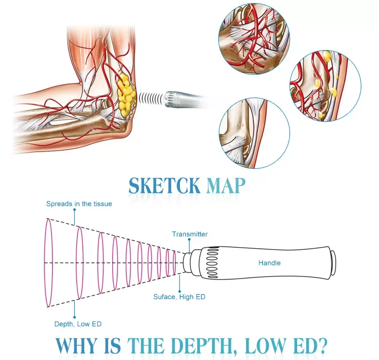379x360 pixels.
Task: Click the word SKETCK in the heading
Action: tap(164, 185)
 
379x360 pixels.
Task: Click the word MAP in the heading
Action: tap(226, 185)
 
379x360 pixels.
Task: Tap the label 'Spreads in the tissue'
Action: tap(79, 204)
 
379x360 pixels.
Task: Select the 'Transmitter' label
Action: tap(189, 234)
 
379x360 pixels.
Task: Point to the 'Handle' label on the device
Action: tap(269, 263)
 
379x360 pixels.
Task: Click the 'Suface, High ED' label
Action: tap(179, 297)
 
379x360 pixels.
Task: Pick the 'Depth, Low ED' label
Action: tap(78, 324)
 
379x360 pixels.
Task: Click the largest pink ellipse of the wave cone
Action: tap(49, 263)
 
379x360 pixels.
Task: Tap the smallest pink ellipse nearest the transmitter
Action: tap(174, 263)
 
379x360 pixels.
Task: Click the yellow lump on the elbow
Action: tap(126, 95)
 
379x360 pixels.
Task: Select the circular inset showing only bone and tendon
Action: tap(255, 133)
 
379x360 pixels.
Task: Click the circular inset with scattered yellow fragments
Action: tap(325, 86)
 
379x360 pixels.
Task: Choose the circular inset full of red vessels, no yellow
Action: tap(254, 38)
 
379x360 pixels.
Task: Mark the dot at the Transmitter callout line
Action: tap(189, 240)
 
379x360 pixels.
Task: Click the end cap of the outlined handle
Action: tap(334, 263)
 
